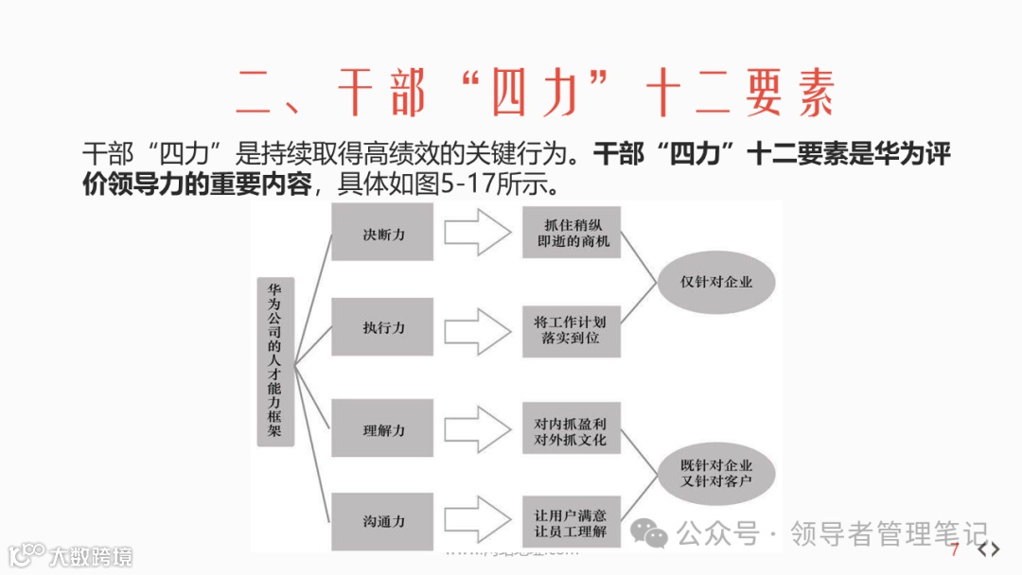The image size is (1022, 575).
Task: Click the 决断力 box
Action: (382, 233)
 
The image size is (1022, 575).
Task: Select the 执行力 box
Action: (382, 327)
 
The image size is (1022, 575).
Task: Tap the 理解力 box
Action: (382, 429)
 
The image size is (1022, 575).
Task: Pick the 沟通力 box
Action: (382, 521)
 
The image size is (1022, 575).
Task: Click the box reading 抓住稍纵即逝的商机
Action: (572, 233)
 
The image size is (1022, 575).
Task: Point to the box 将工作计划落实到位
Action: (572, 329)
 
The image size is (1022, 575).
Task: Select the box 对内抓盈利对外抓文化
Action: (572, 430)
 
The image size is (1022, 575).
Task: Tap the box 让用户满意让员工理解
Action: (572, 522)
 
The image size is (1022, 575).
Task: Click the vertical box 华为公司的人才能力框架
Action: (275, 361)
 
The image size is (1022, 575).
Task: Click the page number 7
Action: (956, 550)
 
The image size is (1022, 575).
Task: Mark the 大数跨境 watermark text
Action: (92, 555)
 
